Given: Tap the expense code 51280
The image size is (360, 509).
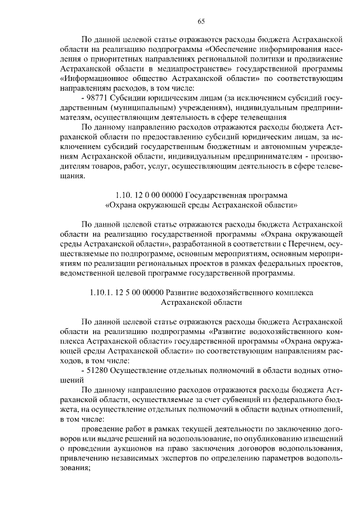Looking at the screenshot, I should pyautogui.click(x=98, y=370).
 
